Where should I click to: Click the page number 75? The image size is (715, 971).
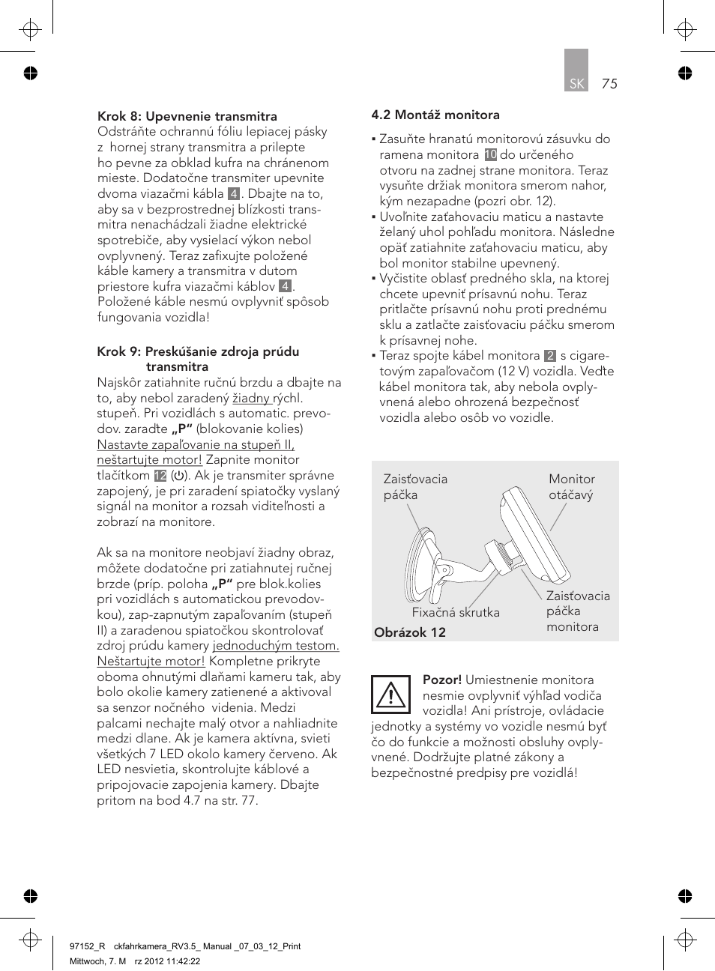point(609,84)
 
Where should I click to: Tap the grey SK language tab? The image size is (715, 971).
point(576,71)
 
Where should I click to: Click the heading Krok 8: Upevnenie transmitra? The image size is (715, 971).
point(187,116)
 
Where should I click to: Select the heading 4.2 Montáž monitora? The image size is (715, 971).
point(435,115)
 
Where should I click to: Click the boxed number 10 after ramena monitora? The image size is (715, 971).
point(490,155)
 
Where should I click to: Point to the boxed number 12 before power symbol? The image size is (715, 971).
point(160,476)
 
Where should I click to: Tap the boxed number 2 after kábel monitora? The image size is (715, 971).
point(550,356)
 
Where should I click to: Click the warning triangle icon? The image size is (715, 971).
point(390,695)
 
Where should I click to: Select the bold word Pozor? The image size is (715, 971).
point(442,680)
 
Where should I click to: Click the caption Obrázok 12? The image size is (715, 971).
point(410,632)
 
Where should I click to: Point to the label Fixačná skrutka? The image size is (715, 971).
point(456,612)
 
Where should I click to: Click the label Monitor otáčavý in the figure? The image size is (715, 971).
point(571,487)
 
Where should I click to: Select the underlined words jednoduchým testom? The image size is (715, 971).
point(276,646)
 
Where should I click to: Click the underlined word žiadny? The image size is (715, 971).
point(251,399)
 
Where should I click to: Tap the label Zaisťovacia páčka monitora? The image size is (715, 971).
point(577,611)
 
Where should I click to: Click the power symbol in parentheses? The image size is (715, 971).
point(179,476)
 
